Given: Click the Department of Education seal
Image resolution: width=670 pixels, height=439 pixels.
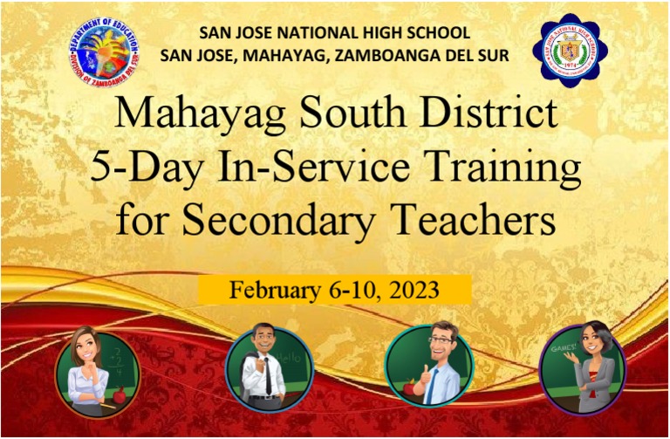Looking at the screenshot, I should pyautogui.click(x=103, y=51).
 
